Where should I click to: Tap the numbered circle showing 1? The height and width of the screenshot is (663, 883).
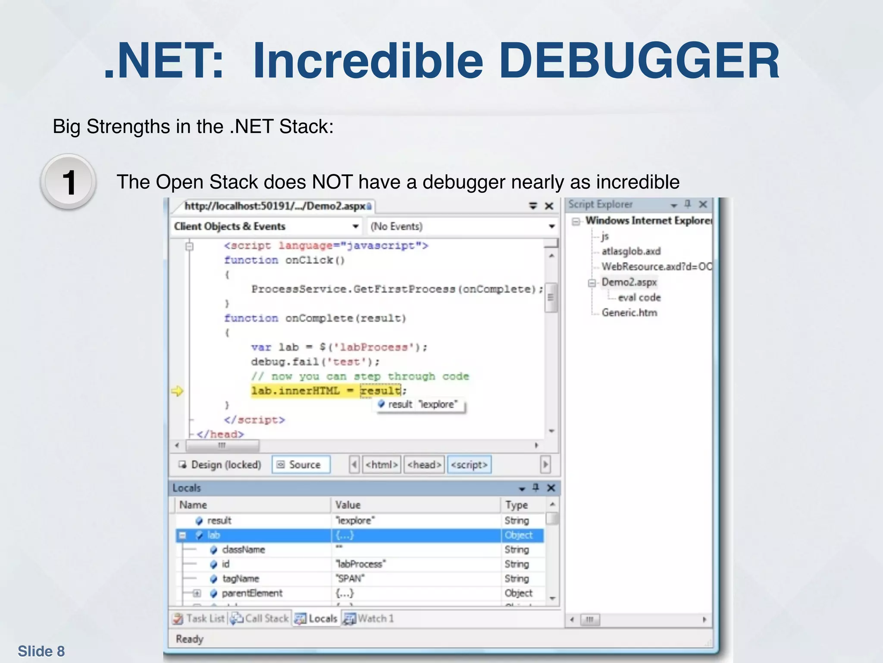[x=68, y=182]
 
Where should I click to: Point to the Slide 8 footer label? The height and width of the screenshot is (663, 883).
[x=41, y=651]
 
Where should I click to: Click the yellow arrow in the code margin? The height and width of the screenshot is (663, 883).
[x=177, y=391]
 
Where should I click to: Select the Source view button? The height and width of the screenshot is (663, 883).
[x=301, y=465]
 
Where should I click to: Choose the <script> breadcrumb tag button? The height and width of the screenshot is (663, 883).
[x=469, y=465]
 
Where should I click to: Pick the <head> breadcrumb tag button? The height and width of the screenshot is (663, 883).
[x=424, y=465]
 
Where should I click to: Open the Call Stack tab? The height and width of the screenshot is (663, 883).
[x=260, y=619]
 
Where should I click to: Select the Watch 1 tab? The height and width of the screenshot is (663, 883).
[x=370, y=619]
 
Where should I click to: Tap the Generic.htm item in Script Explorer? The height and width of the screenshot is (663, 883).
[x=629, y=313]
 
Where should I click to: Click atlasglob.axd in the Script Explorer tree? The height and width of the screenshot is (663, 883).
[x=631, y=251]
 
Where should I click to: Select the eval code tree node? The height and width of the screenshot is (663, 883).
[x=639, y=297]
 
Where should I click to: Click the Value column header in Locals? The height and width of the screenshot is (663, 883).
[x=348, y=505]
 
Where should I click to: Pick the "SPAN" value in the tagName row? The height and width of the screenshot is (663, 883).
[x=350, y=578]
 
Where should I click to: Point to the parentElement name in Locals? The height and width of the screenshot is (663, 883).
[x=252, y=593]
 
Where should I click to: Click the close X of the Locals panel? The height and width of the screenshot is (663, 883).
[x=551, y=488]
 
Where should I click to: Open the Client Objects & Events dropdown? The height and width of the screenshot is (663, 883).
[x=355, y=226]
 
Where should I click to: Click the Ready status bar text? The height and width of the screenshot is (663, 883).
[x=189, y=639]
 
